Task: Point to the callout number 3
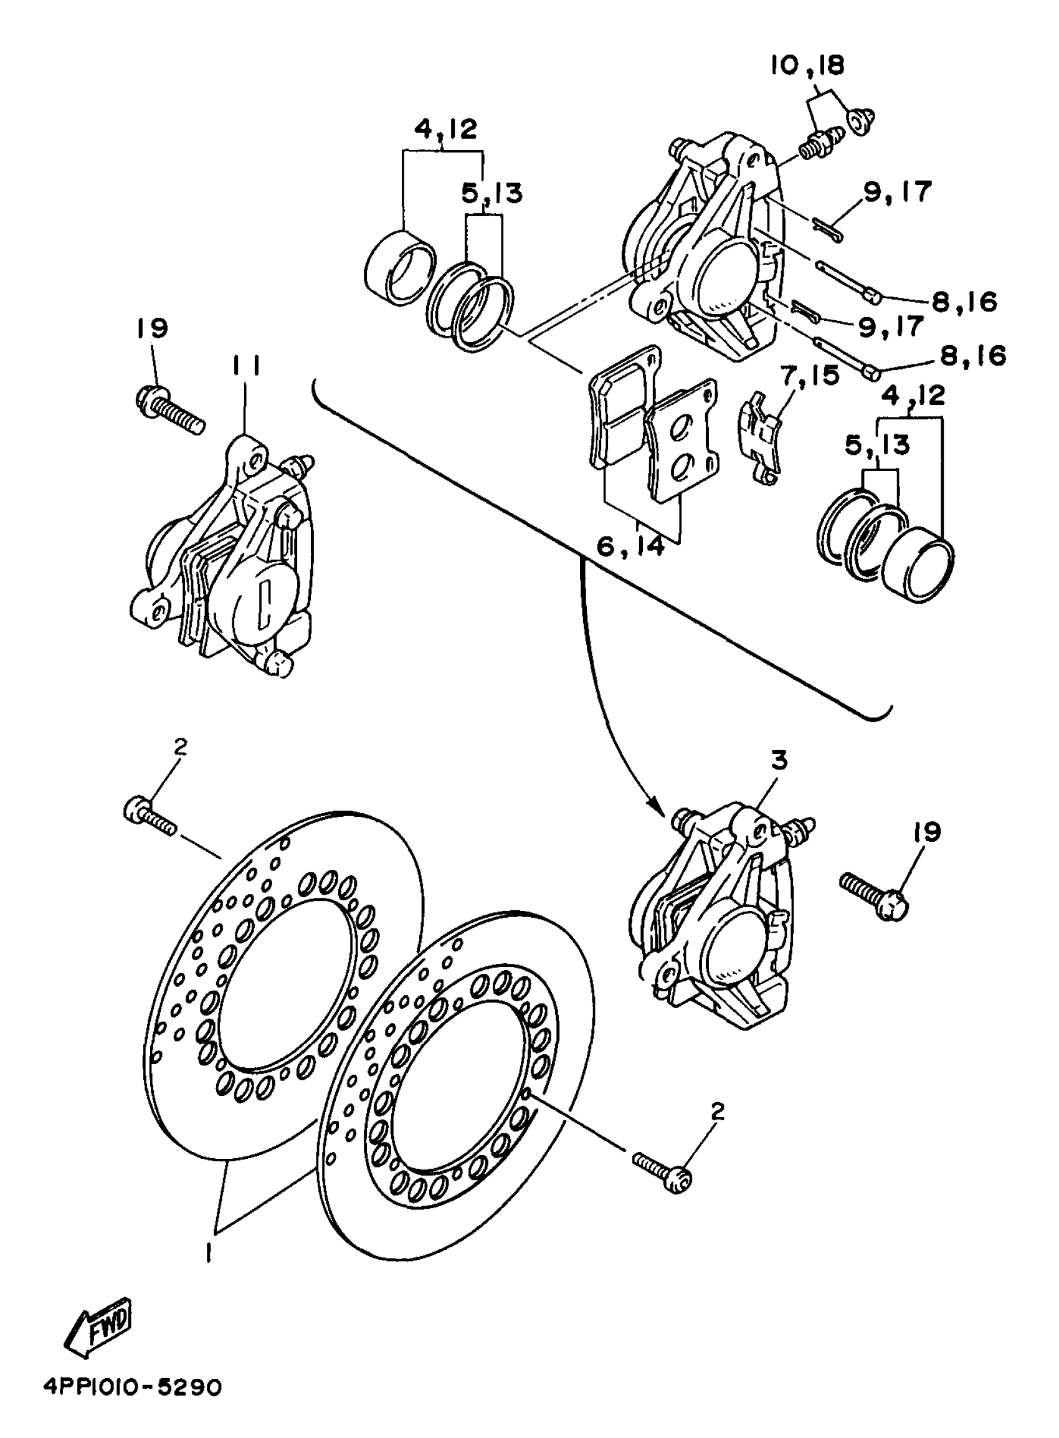point(779,761)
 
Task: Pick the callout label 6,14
point(631,546)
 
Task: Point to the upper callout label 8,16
point(965,302)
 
